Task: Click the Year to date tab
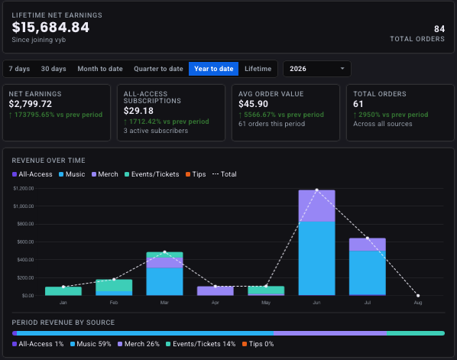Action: point(214,69)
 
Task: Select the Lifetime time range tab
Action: point(258,69)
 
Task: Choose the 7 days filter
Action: point(19,69)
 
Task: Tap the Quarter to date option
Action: point(158,69)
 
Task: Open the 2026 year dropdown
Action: point(317,69)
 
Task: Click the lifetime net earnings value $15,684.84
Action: point(50,28)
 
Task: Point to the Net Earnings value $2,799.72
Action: point(31,104)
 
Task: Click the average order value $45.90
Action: point(253,104)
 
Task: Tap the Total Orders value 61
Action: point(358,104)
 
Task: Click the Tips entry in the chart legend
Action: point(196,174)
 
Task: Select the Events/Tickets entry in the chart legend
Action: point(152,174)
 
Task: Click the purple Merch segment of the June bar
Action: point(317,206)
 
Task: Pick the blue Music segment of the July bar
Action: point(368,273)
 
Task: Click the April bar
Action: point(216,291)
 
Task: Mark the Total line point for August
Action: point(418,296)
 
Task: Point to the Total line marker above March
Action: point(164,252)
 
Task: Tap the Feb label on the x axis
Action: point(114,303)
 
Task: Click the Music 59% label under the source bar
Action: point(91,344)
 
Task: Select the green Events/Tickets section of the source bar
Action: point(416,333)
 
